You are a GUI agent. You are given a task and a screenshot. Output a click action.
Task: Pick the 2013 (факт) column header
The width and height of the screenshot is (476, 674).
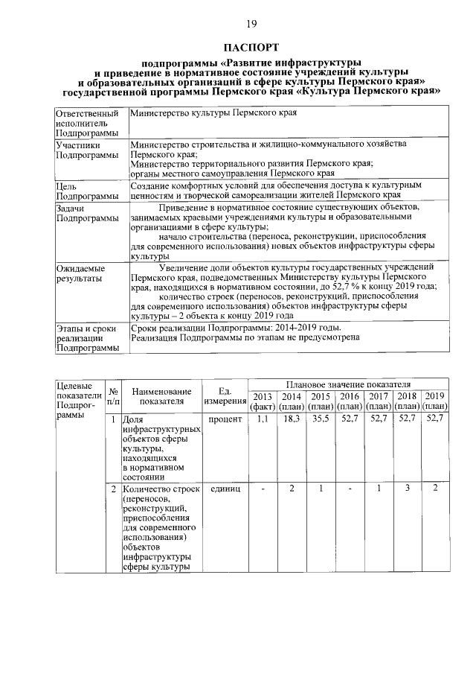coord(263,401)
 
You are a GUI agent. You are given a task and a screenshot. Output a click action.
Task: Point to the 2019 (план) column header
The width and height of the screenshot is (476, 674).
coord(435,401)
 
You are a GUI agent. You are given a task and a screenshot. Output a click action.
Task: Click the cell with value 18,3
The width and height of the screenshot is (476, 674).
coord(292,420)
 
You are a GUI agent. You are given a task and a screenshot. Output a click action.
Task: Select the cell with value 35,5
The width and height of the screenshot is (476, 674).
coord(321,420)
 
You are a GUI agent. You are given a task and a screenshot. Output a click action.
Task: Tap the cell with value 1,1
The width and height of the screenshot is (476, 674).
coord(263,420)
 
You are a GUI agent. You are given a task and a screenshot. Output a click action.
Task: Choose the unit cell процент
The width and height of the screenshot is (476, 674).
coord(225,420)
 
